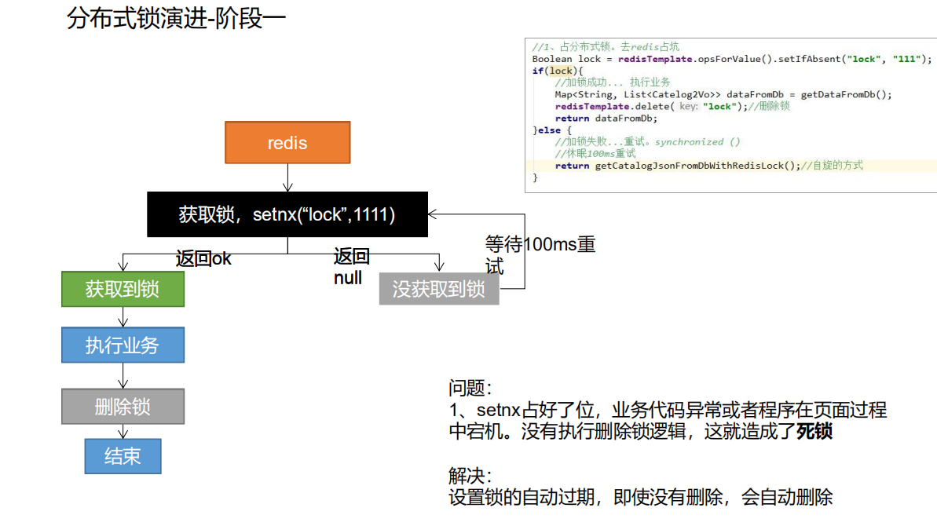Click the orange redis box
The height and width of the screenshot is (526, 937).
click(287, 142)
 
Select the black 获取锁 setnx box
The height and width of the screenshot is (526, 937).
click(287, 214)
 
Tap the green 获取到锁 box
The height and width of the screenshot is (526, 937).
click(123, 289)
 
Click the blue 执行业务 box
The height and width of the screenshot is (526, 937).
click(123, 345)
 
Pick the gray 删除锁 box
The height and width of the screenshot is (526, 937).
click(123, 407)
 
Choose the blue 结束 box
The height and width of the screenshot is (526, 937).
click(123, 455)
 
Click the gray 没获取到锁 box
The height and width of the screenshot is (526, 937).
click(439, 289)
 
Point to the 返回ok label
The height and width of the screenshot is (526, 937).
click(203, 258)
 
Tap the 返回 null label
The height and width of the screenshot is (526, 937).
click(350, 267)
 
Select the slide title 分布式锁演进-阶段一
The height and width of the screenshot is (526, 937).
click(177, 20)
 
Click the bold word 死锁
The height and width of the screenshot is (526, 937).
click(814, 431)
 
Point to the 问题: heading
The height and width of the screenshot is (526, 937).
click(470, 388)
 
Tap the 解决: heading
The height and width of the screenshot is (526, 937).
click(470, 476)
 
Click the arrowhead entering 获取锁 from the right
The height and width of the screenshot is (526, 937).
click(433, 214)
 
